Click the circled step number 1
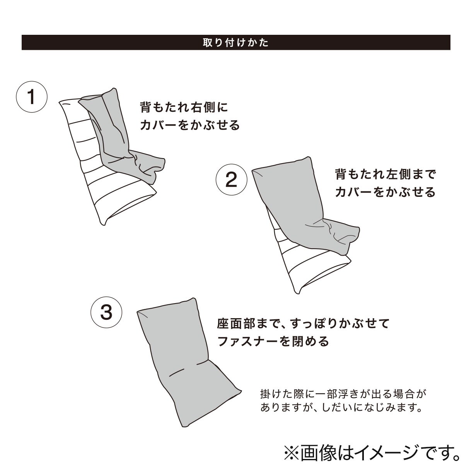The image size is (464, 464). click(32, 97)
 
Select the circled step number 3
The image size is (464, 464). click(106, 312)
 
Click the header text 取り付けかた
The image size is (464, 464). click(235, 43)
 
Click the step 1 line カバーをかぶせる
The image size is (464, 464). click(190, 125)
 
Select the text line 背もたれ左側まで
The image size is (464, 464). click(385, 174)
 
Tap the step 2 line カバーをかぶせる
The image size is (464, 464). click(385, 192)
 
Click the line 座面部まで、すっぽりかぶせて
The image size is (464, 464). click(303, 323)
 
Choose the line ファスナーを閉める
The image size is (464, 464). click(273, 341)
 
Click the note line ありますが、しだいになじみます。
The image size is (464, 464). click(341, 407)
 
